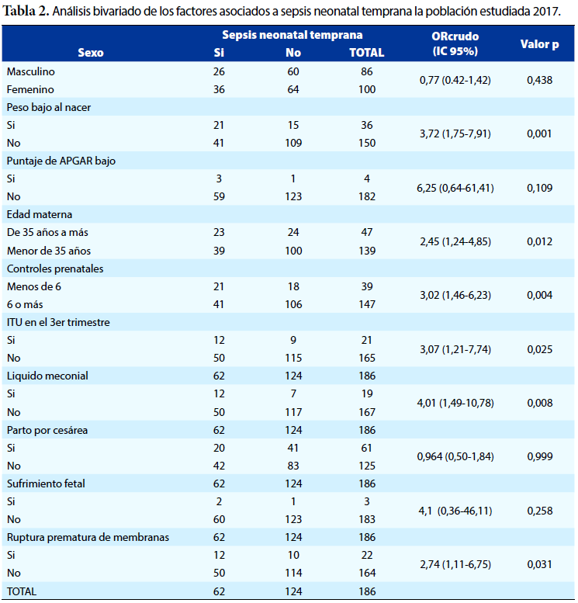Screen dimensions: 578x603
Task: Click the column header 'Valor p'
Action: (539, 44)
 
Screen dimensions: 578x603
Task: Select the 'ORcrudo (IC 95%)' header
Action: (455, 43)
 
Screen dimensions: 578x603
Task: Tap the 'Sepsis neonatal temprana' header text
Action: (292, 35)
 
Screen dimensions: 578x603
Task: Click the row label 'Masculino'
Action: (31, 71)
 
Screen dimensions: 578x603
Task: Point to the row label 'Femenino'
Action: (30, 89)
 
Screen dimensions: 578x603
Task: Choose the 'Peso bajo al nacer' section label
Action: (49, 107)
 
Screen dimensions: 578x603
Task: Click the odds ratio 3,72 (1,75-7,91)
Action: (455, 133)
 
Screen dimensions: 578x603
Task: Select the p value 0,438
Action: (539, 80)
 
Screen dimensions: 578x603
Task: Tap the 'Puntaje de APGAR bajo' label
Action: (61, 161)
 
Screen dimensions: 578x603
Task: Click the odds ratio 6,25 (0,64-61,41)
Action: (455, 188)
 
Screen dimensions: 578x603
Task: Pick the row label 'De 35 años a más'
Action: (47, 232)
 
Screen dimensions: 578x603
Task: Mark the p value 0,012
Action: (539, 241)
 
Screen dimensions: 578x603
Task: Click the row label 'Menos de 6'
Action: (34, 286)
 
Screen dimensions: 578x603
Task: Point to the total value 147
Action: (367, 304)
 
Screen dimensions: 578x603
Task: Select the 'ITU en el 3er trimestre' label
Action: (58, 322)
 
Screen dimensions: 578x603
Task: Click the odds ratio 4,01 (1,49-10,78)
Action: (455, 403)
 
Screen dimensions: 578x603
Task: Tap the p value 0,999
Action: (539, 456)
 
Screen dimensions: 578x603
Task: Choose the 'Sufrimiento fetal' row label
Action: (46, 483)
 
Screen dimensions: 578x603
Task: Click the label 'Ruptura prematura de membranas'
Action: (88, 537)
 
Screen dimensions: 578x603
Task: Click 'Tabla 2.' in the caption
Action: (26, 12)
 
